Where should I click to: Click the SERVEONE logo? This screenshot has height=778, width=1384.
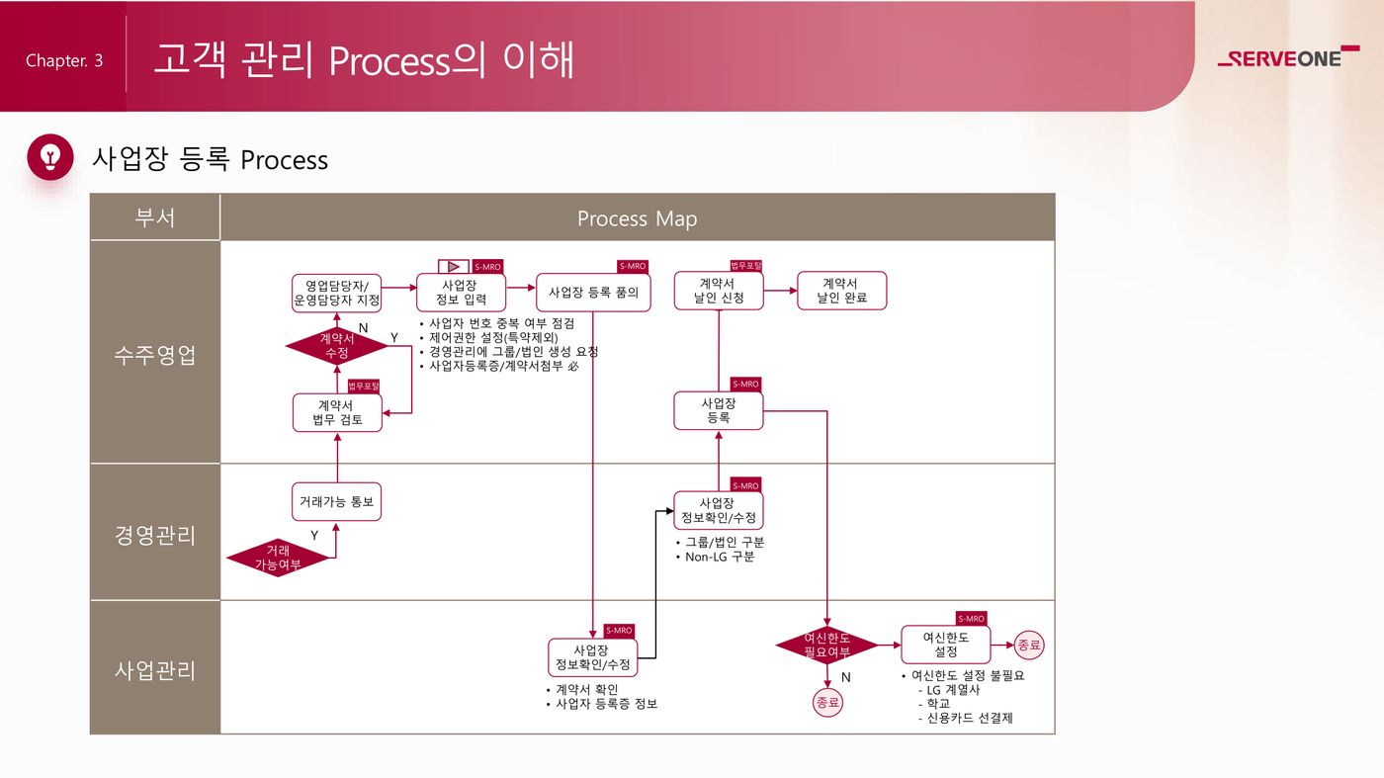[x=1288, y=57]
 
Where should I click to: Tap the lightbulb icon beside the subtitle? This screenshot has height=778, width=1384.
[x=50, y=157]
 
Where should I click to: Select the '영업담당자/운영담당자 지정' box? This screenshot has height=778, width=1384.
[x=337, y=293]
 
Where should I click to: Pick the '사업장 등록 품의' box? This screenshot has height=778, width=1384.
[x=593, y=293]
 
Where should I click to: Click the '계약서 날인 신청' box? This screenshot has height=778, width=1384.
[x=719, y=291]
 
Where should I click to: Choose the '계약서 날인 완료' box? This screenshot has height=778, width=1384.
[x=842, y=291]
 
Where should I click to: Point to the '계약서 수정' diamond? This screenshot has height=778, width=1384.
[x=337, y=346]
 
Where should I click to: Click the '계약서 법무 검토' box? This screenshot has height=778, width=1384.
[x=337, y=412]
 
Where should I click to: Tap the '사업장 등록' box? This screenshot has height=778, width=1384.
[x=719, y=410]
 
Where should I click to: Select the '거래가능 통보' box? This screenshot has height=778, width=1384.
[x=337, y=501]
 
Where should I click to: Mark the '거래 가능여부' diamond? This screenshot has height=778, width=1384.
[x=278, y=559]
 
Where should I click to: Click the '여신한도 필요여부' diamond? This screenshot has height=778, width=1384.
[x=826, y=646]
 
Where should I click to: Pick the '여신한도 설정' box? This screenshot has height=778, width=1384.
[x=946, y=645]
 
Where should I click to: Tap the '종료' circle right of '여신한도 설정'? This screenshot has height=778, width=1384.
[x=1029, y=645]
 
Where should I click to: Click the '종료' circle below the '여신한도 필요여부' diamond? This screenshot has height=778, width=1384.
[x=826, y=703]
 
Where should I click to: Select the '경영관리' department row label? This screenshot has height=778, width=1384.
[x=155, y=535]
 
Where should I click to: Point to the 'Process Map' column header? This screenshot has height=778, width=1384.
[x=637, y=218]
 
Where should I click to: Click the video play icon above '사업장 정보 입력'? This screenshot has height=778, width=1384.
[x=454, y=266]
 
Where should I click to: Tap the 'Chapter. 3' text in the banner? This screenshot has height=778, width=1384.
[x=64, y=60]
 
